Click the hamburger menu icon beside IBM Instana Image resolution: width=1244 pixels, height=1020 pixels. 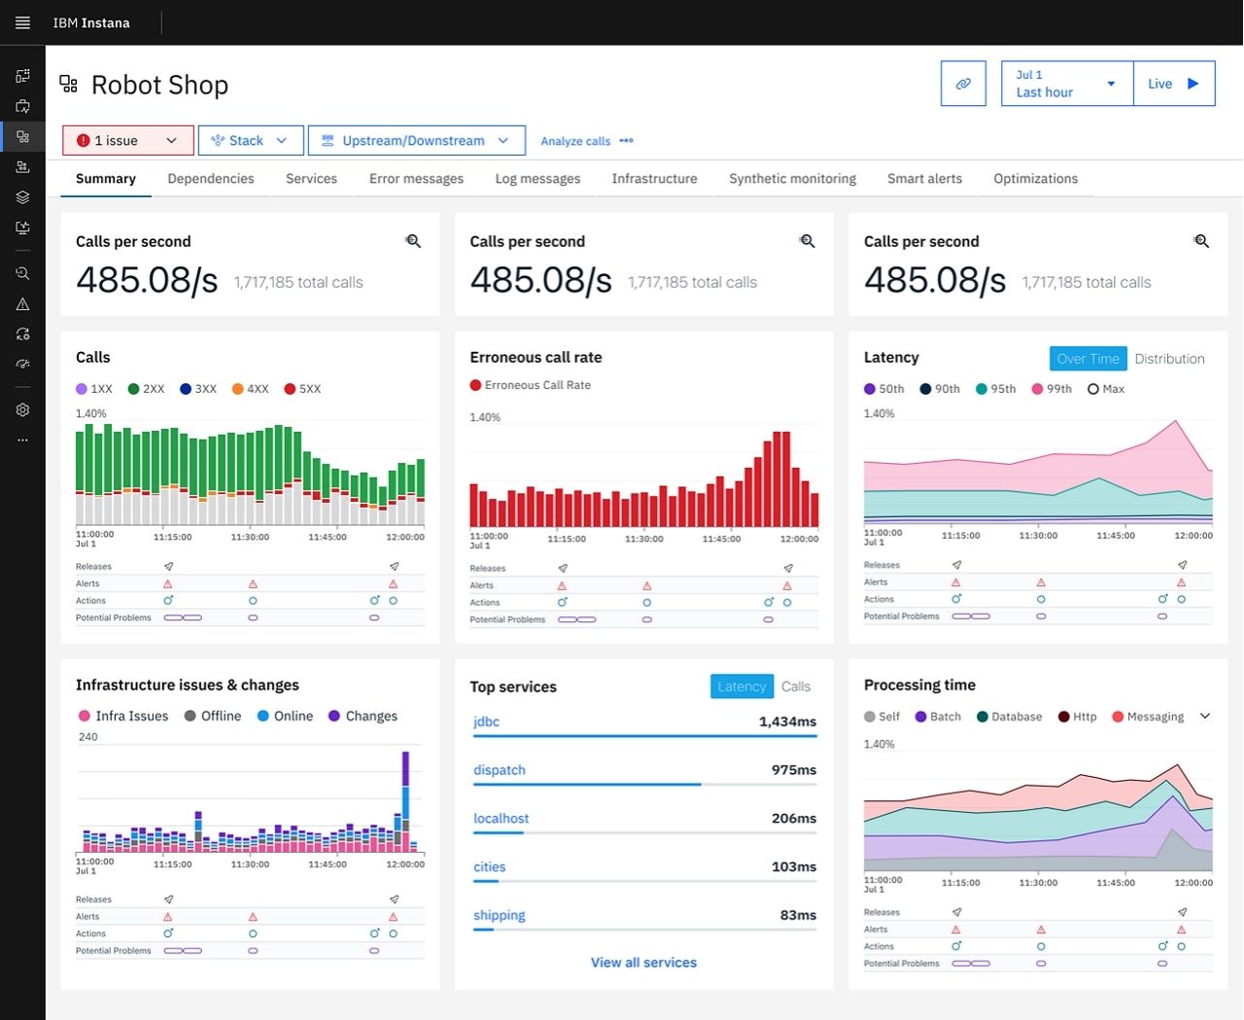[x=22, y=22]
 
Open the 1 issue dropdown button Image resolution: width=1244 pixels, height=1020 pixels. [x=127, y=140]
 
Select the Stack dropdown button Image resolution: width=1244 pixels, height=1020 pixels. [x=251, y=140]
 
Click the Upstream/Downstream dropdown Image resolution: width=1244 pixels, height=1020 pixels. [x=416, y=140]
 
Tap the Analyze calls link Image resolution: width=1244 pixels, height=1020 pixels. [x=575, y=141]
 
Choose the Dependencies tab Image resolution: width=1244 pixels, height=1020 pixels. [x=211, y=179]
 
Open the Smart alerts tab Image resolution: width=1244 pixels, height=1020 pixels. [x=924, y=179]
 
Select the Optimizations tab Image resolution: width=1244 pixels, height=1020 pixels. [x=1035, y=179]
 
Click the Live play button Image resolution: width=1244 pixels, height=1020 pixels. [x=1174, y=84]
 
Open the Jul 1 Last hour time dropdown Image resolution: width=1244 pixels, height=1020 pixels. [x=1066, y=84]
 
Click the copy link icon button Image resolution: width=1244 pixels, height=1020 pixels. [x=963, y=84]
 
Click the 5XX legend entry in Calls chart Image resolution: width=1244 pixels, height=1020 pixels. [x=302, y=389]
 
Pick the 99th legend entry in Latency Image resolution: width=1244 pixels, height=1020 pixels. [x=1053, y=389]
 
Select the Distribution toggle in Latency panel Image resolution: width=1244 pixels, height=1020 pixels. [x=1169, y=359]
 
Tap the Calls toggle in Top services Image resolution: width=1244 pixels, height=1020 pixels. [x=796, y=686]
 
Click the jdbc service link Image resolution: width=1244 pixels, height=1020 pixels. [x=486, y=721]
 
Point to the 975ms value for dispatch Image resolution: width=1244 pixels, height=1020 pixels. [x=793, y=770]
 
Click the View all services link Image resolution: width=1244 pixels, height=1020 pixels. [x=643, y=963]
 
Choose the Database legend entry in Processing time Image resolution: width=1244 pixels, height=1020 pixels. [x=1010, y=717]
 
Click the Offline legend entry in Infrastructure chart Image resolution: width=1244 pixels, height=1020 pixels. [x=213, y=716]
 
